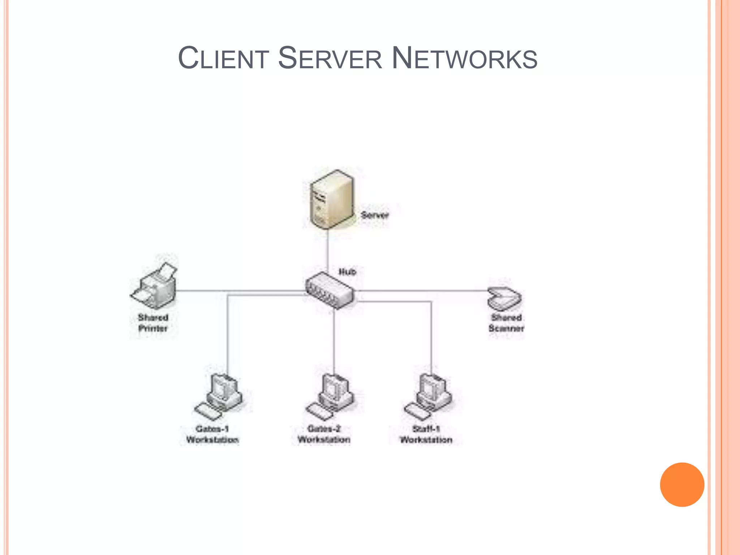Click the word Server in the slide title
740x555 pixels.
point(330,58)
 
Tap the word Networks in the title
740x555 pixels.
point(464,58)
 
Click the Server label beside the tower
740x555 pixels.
point(375,215)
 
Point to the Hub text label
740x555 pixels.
point(347,272)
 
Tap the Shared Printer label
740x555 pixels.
point(153,323)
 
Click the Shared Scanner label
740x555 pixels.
point(506,323)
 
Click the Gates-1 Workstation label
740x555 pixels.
point(212,434)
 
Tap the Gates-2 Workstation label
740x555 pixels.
point(324,434)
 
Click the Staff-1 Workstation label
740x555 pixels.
point(426,434)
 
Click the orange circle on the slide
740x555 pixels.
point(682,485)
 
